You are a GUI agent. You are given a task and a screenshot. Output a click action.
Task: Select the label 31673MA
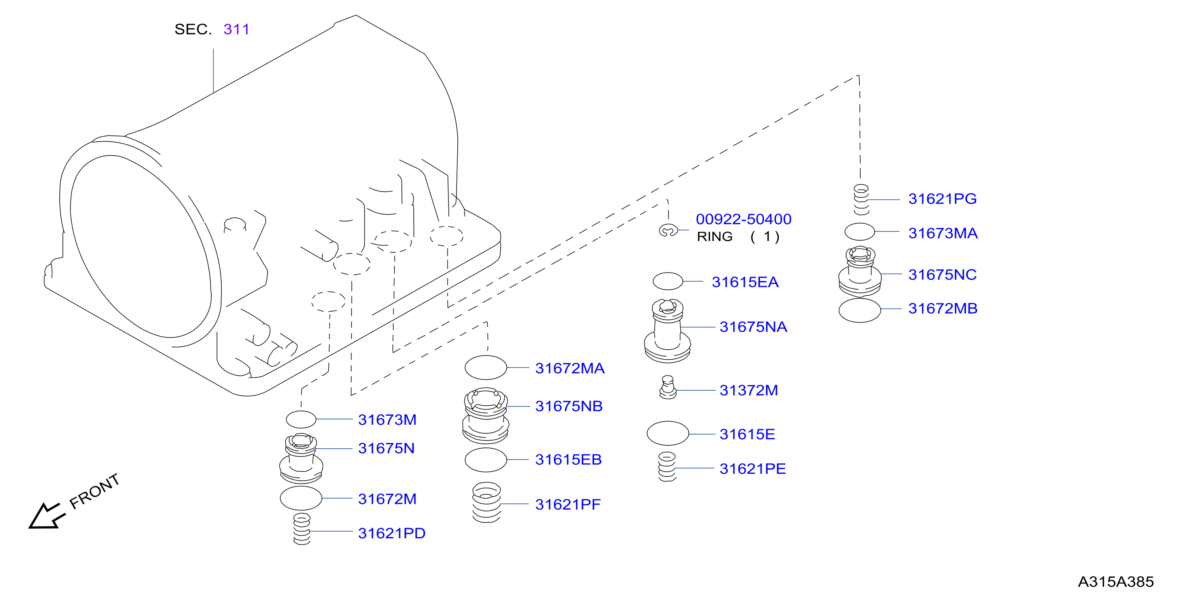[x=943, y=233]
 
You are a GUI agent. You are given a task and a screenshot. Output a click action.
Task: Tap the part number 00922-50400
[x=744, y=219]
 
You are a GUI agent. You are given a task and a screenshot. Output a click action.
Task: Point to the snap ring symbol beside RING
[x=668, y=230]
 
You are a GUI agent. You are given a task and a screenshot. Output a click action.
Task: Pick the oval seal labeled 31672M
[x=301, y=498]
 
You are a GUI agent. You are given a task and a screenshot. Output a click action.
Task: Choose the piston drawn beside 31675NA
[x=668, y=331]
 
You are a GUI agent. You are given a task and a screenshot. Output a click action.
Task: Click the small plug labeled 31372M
[x=668, y=387]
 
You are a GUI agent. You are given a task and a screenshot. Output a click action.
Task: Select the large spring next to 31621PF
[x=486, y=502]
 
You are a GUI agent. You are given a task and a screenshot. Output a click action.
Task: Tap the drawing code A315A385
[x=1116, y=582]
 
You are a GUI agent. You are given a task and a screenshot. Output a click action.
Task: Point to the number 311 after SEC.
[x=236, y=29]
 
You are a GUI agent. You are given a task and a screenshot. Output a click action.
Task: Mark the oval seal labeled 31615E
[x=668, y=433]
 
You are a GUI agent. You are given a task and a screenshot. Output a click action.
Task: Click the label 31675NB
[x=569, y=406]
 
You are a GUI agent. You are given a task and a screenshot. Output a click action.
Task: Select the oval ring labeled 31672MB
[x=859, y=310]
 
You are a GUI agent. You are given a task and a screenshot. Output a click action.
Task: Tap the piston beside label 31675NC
[x=860, y=271]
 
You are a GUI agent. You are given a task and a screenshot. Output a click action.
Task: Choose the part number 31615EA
[x=745, y=282]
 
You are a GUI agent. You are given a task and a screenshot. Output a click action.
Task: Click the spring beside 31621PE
[x=667, y=467]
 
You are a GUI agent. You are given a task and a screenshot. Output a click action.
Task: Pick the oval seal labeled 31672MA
[x=486, y=368]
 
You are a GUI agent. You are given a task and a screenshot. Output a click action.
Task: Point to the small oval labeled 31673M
[x=301, y=419]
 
